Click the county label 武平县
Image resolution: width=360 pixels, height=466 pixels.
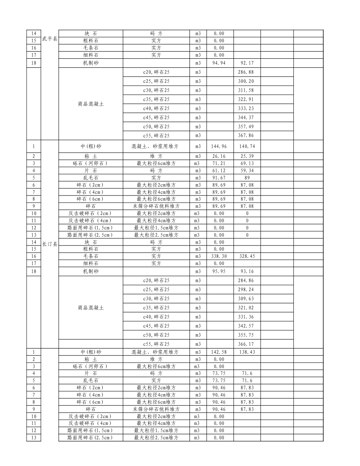[50, 39]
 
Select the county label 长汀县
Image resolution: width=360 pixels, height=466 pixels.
[50, 244]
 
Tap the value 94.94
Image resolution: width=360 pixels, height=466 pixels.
[219, 63]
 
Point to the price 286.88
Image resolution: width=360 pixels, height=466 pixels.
[246, 72]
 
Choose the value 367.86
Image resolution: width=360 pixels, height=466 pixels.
[246, 136]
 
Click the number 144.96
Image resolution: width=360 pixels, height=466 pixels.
[219, 146]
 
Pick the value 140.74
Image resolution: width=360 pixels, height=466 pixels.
[247, 146]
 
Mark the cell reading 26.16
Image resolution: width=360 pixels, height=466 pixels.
[219, 156]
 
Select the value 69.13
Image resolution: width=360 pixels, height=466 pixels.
[247, 163]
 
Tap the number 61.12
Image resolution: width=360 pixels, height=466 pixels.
[219, 170]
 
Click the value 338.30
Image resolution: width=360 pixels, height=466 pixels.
[219, 256]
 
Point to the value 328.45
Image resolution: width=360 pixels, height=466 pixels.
[247, 256]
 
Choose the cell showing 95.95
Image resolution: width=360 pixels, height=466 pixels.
[219, 271]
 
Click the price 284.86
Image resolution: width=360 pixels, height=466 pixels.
[246, 280]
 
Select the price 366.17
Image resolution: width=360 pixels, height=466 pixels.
[246, 344]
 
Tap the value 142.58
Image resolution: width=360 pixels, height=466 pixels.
[219, 352]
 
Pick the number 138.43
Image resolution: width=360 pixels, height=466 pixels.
[247, 352]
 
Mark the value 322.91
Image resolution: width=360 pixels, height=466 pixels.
[246, 99]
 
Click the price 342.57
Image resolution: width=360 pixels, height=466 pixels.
[246, 326]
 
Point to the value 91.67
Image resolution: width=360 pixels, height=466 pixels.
[219, 178]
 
